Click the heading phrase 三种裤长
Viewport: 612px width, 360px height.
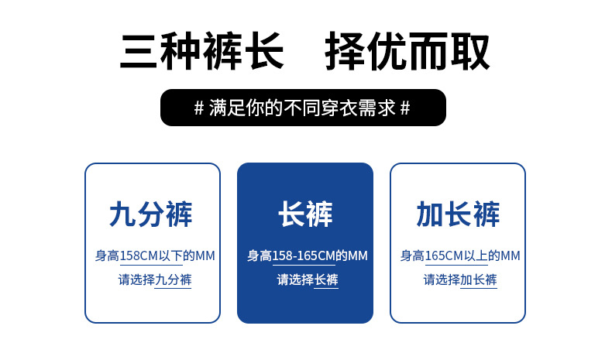pyautogui.click(x=201, y=52)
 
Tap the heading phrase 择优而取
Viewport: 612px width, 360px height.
pyautogui.click(x=407, y=52)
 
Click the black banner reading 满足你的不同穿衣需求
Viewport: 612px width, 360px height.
pyautogui.click(x=303, y=108)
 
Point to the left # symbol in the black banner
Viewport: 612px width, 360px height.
pyautogui.click(x=199, y=108)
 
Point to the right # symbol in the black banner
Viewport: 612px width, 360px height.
pyautogui.click(x=405, y=108)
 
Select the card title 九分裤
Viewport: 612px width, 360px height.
pyautogui.click(x=151, y=214)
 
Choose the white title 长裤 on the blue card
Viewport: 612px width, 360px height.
pyautogui.click(x=305, y=214)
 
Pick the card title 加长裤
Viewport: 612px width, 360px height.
pyautogui.click(x=458, y=214)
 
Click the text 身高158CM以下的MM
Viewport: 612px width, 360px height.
pyautogui.click(x=155, y=255)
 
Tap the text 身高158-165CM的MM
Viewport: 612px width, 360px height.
pyautogui.click(x=308, y=255)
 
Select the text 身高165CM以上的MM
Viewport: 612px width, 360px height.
pyautogui.click(x=460, y=255)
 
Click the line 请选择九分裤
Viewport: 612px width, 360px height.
pyautogui.click(x=155, y=279)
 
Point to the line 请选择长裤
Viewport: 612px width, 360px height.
pyautogui.click(x=308, y=279)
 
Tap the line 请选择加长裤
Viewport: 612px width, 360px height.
pyautogui.click(x=460, y=279)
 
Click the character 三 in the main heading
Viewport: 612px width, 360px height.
pyautogui.click(x=139, y=52)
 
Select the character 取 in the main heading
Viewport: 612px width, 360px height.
pyautogui.click(x=470, y=52)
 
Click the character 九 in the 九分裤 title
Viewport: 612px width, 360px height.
pyautogui.click(x=122, y=214)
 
